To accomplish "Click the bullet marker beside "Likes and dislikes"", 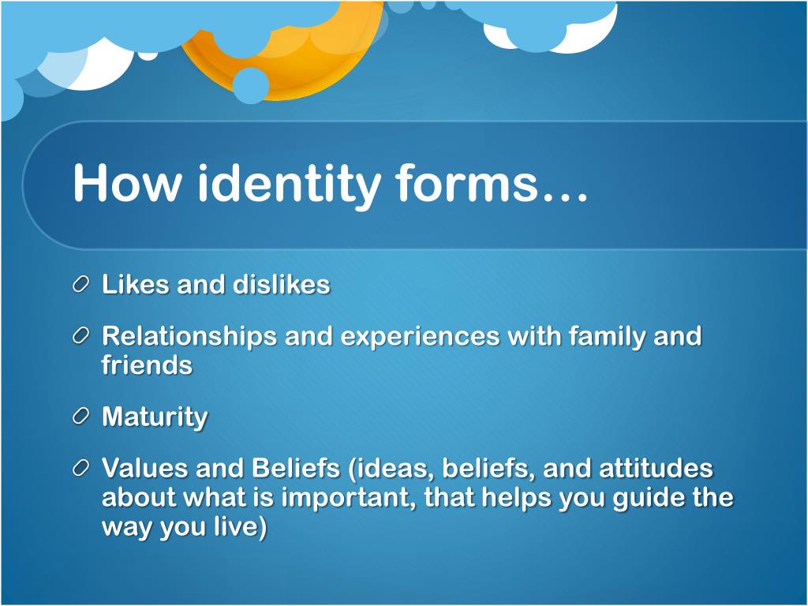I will point(82,285).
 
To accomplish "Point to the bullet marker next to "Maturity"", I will point(82,417).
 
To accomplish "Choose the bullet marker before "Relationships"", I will point(82,337).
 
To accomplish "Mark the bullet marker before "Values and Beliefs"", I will point(82,469).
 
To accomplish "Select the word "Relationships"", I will point(189,337).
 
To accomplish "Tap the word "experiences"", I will point(421,337).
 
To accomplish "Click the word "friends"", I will point(147,365).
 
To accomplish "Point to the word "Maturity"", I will point(155,417).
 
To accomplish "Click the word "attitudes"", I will point(656,469).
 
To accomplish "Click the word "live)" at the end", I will point(240,527).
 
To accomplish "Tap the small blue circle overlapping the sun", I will point(251,85).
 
